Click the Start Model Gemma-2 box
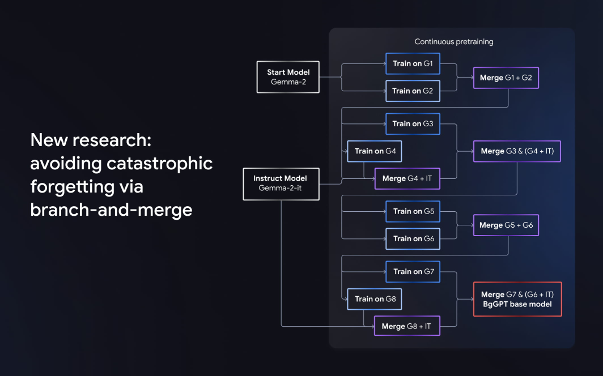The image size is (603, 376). [288, 77]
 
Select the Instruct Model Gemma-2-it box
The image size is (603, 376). [281, 183]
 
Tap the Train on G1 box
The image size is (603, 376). [413, 63]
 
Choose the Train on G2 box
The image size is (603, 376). [413, 91]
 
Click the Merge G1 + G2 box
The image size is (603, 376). [506, 78]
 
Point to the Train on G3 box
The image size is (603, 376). [413, 123]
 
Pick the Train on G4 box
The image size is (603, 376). [375, 151]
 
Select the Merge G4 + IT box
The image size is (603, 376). [407, 178]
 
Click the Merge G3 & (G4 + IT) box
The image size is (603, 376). [517, 151]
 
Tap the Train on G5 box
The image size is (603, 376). [413, 211]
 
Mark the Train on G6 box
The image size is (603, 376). [413, 238]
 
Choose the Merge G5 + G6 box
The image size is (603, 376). [506, 225]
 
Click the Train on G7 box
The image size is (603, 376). [413, 272]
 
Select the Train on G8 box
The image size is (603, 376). [375, 299]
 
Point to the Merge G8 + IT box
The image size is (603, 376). [407, 326]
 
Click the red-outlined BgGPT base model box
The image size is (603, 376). [517, 299]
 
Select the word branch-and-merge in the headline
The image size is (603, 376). [111, 209]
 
